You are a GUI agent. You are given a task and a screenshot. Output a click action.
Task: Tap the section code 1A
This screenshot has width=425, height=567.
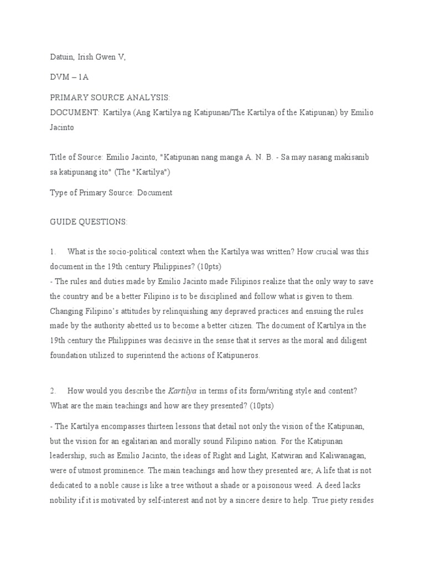[82, 77]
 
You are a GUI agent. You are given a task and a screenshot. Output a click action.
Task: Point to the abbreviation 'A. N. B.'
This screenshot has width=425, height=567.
[259, 157]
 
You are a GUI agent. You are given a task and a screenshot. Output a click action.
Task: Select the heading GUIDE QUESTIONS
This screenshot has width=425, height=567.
[89, 221]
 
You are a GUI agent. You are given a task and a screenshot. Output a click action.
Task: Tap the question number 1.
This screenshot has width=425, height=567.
[51, 251]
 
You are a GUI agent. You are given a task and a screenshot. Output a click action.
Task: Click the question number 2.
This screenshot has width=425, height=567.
[51, 390]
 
